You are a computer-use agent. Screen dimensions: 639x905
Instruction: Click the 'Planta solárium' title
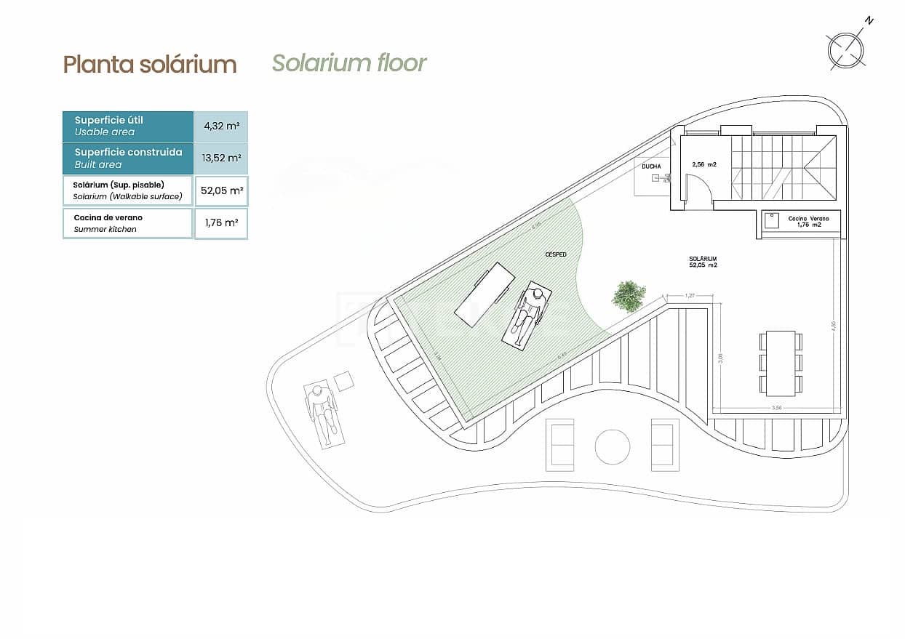(150, 64)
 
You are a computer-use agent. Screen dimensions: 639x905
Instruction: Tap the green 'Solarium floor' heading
(349, 63)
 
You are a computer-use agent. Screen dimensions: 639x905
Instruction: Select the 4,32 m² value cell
(221, 126)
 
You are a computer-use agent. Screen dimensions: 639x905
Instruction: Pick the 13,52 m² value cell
(221, 158)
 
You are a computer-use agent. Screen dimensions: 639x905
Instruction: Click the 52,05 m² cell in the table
(221, 190)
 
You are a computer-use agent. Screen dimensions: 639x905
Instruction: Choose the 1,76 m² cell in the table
(221, 223)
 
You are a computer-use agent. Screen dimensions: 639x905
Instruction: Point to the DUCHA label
(651, 166)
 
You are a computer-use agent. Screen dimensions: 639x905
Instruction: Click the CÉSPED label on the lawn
(555, 254)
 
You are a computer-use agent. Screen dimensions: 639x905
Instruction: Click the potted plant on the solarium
(629, 295)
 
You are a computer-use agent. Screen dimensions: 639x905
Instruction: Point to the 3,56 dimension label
(776, 408)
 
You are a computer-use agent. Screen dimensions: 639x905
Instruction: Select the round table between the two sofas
(613, 446)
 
